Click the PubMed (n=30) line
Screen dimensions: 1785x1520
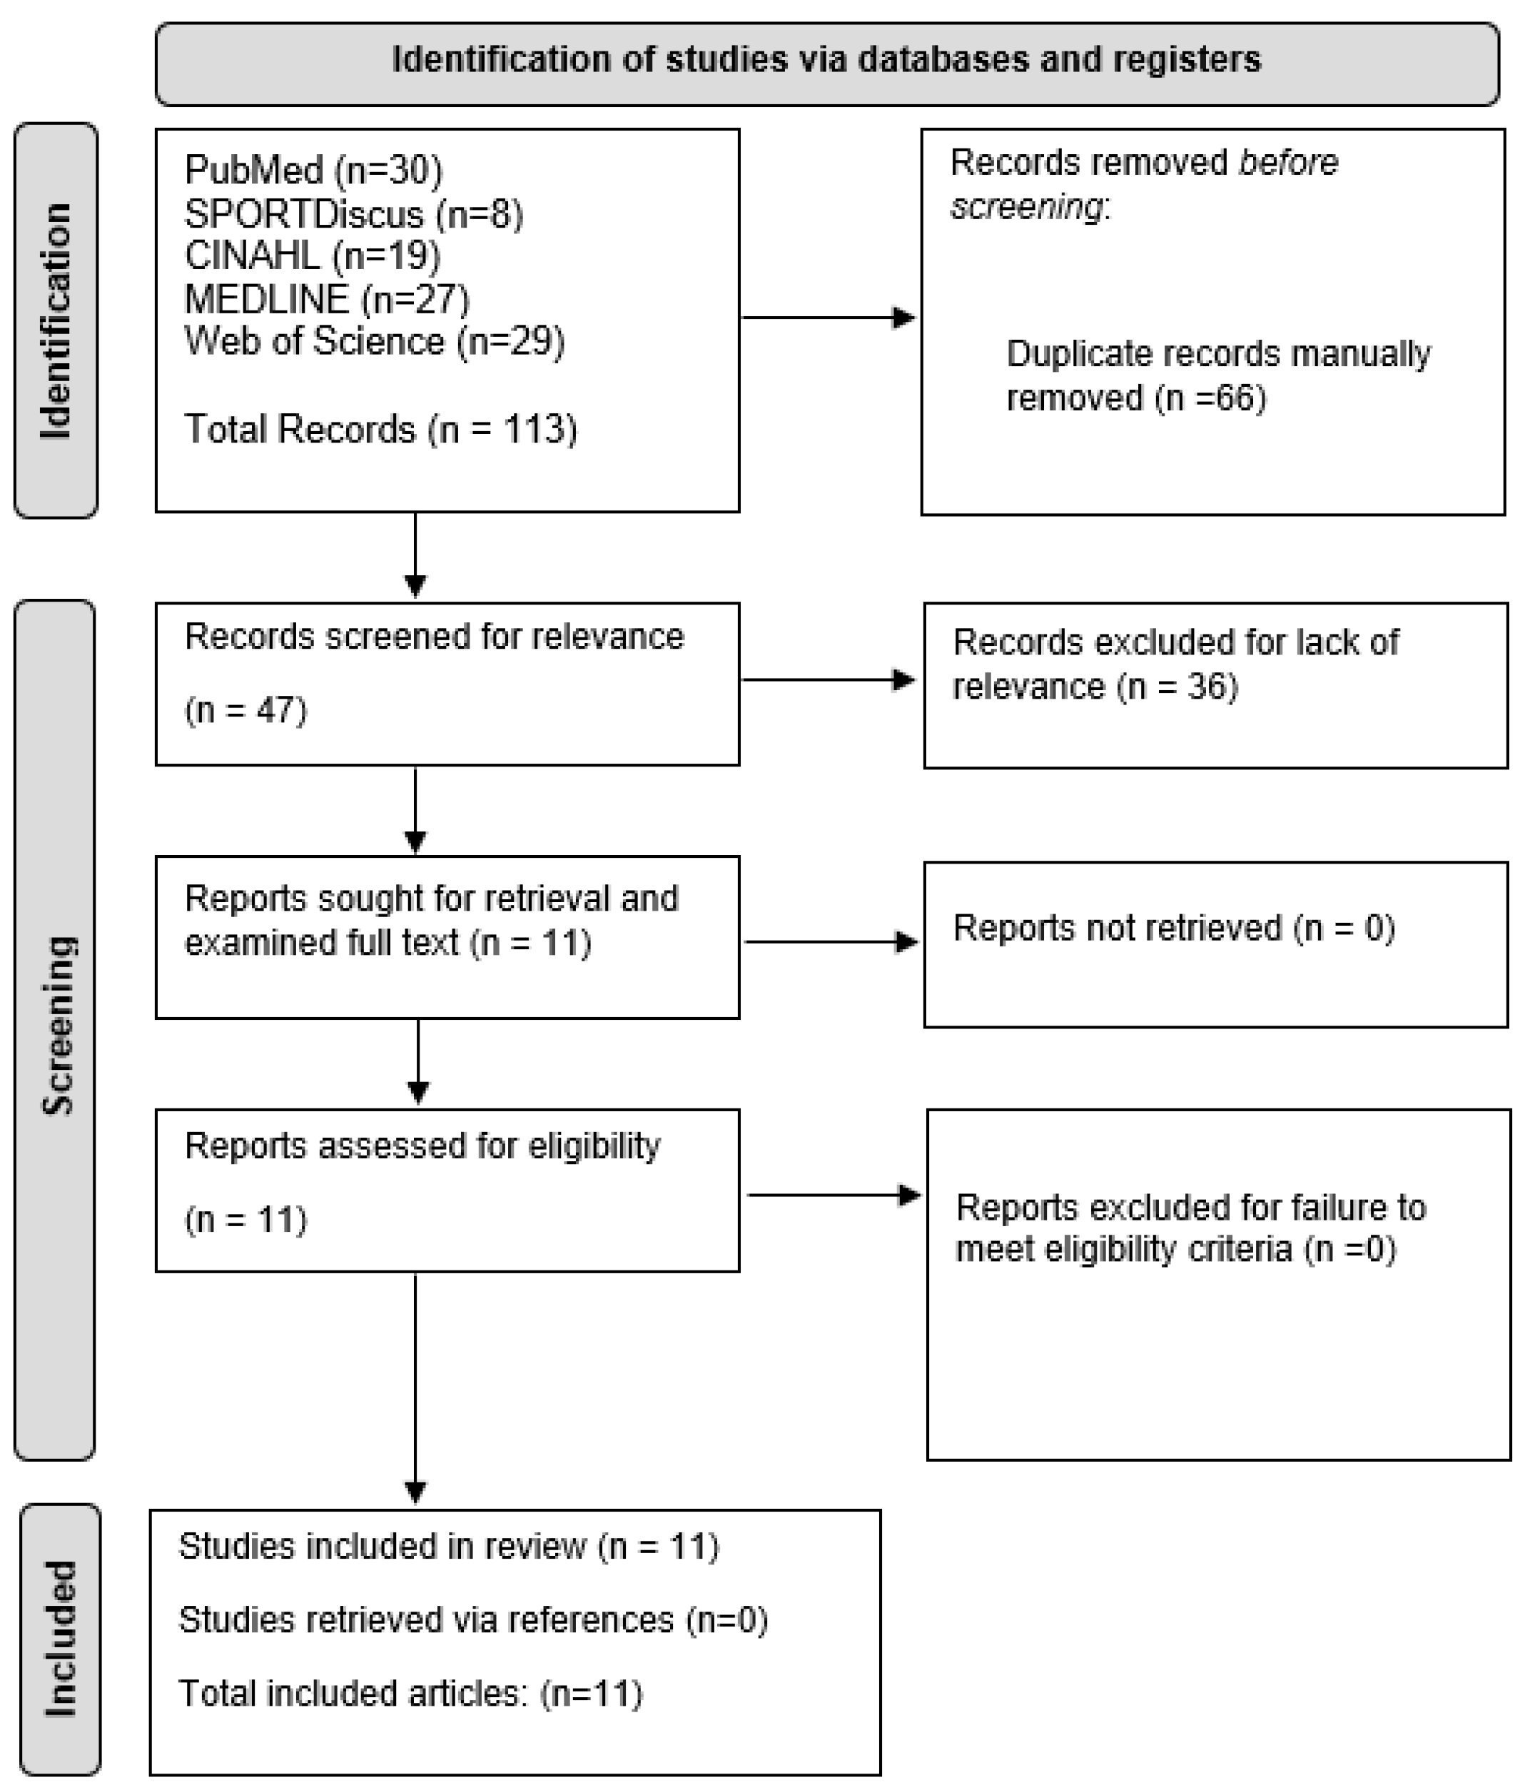(x=313, y=171)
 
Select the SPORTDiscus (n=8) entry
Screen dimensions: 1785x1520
(x=353, y=213)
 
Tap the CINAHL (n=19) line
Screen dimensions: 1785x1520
(x=312, y=256)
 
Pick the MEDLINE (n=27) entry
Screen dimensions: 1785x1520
(x=326, y=299)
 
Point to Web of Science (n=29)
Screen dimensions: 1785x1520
(x=374, y=341)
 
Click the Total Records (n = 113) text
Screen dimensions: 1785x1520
(x=380, y=429)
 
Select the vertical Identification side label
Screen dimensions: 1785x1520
(x=56, y=320)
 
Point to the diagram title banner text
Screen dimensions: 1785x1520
(x=826, y=60)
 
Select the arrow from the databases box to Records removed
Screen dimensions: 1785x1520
(x=828, y=318)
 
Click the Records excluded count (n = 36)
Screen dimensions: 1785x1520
(x=1177, y=687)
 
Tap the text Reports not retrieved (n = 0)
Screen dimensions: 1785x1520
(x=1173, y=928)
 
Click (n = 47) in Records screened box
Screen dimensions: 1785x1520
(x=245, y=710)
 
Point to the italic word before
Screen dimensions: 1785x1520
(x=1287, y=163)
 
